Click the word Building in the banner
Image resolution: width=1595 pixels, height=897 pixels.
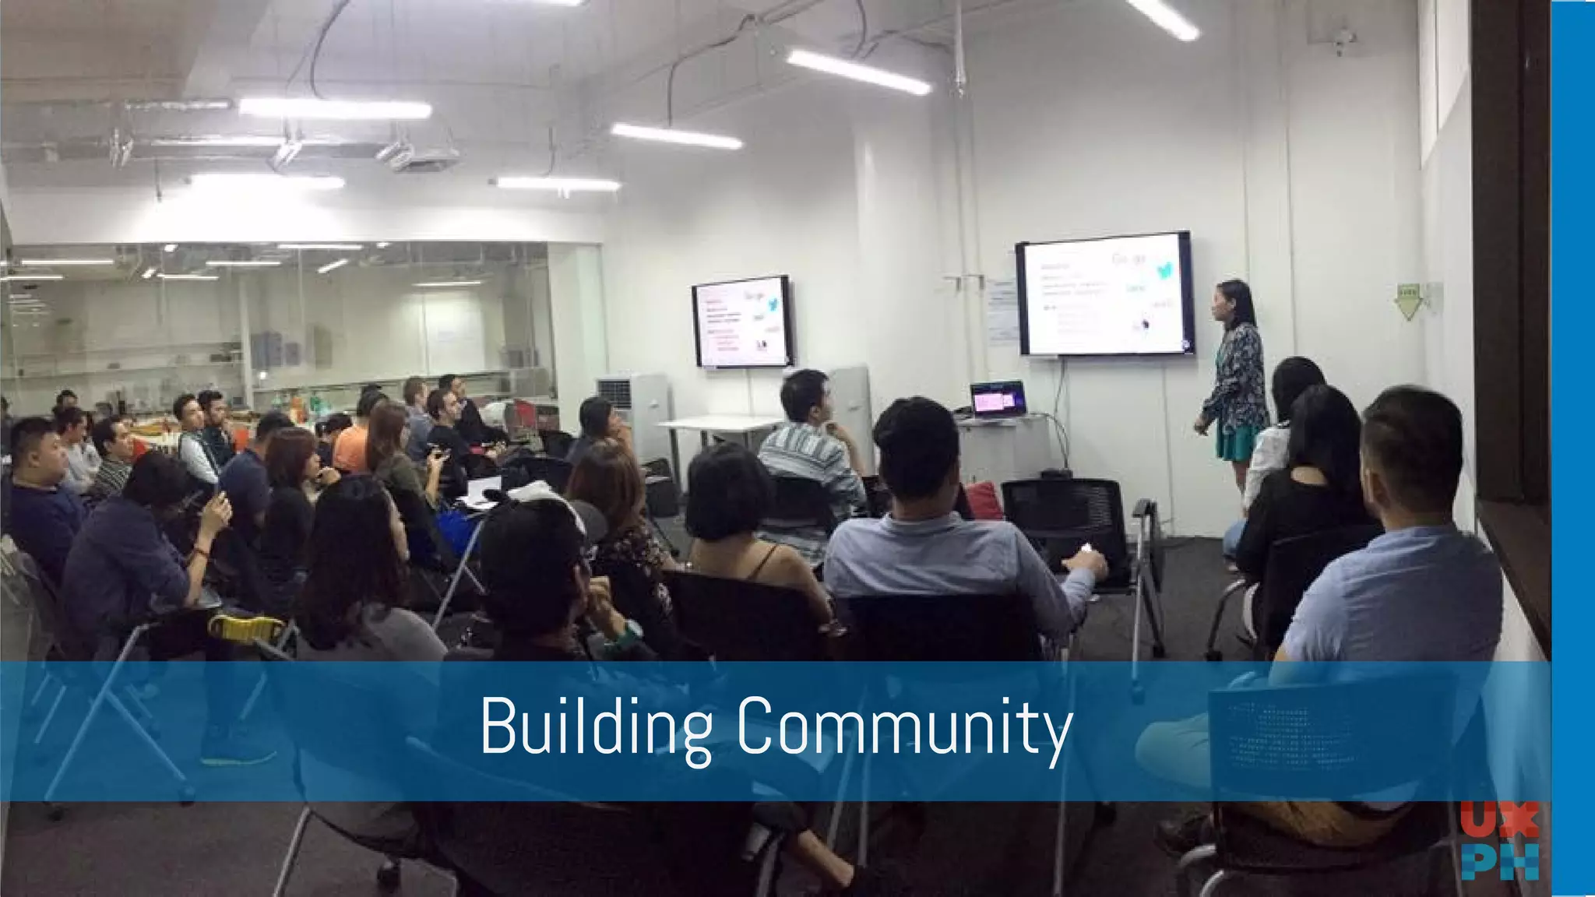point(596,726)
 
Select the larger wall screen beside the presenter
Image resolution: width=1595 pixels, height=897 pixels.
point(1104,294)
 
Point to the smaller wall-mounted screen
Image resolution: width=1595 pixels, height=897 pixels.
point(741,322)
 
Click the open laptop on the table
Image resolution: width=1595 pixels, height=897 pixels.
point(997,401)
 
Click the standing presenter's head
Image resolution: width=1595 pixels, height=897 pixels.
point(1233,301)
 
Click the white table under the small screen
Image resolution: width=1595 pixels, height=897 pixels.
point(720,424)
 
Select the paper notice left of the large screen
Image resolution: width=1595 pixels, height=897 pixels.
point(1002,311)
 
